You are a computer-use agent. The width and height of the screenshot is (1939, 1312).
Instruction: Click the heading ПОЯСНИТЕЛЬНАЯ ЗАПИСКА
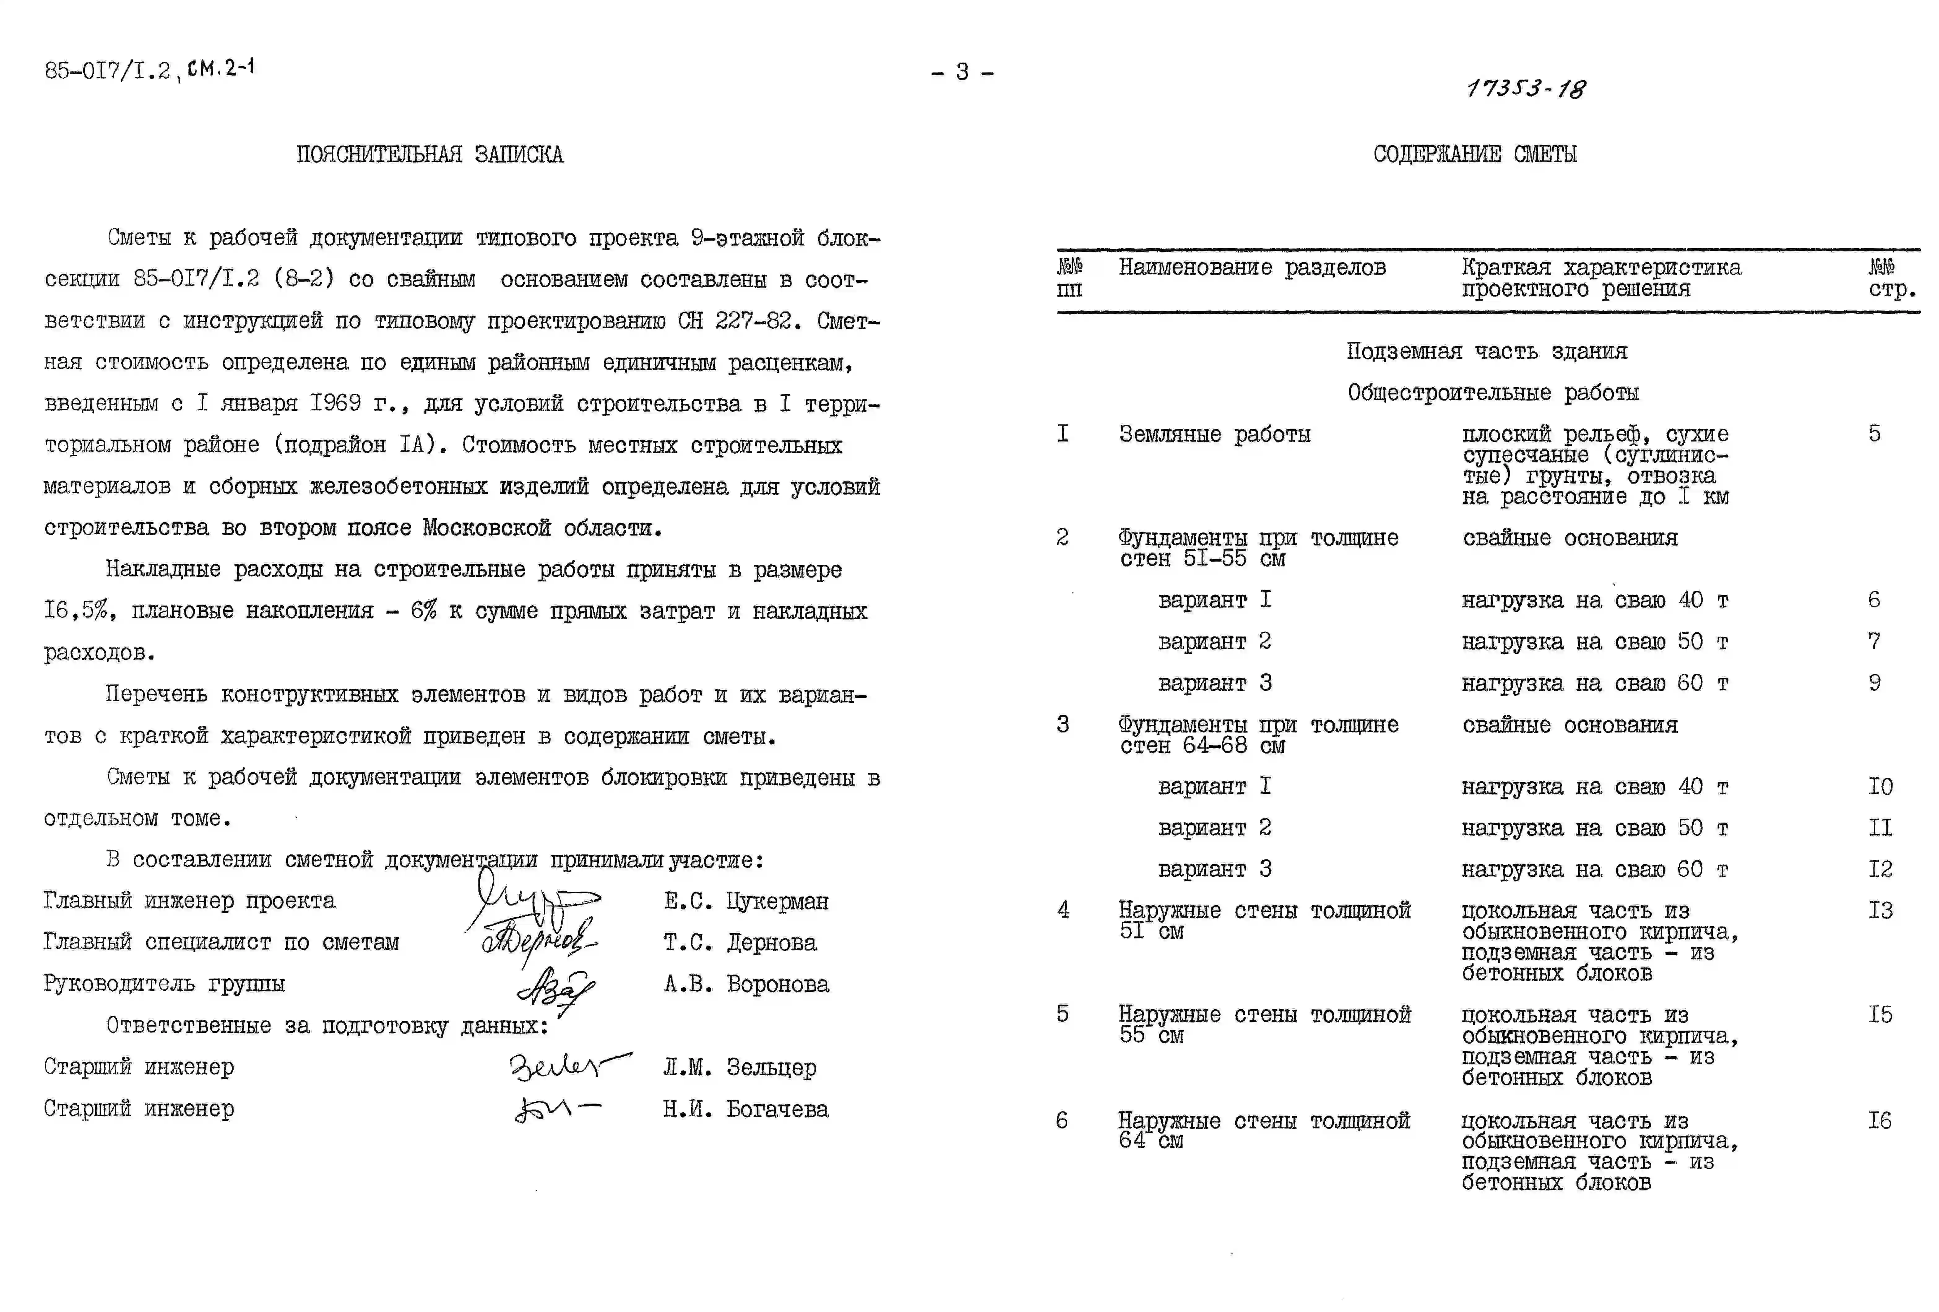430,154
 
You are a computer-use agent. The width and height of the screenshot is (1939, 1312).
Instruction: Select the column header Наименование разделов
1251,268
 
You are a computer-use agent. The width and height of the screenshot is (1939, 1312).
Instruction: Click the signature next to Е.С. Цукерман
534,901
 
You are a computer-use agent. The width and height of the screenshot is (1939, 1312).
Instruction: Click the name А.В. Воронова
746,984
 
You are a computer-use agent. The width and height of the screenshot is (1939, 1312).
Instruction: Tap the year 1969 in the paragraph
335,403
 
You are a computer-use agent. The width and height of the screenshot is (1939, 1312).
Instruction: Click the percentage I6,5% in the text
76,611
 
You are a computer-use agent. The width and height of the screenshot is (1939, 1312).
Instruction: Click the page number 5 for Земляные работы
1874,434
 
